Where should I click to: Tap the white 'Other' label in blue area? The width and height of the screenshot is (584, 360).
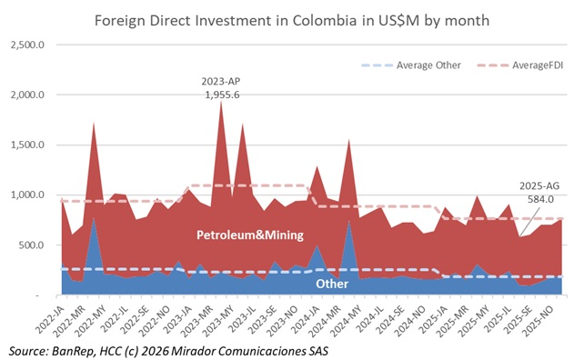point(331,284)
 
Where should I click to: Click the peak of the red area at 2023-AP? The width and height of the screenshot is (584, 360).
point(221,101)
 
